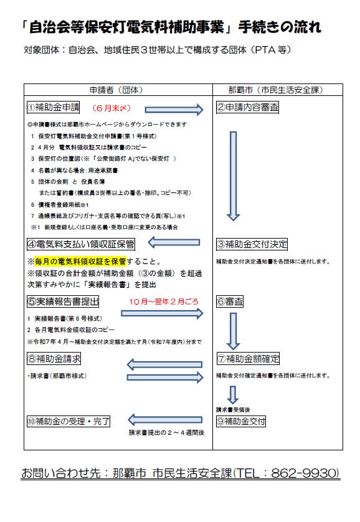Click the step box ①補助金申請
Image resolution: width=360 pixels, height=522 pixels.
click(x=54, y=107)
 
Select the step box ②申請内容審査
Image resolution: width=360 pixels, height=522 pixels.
click(x=247, y=108)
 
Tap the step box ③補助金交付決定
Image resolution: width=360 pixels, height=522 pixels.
click(x=252, y=244)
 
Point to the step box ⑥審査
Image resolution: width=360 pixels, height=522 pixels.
click(x=230, y=301)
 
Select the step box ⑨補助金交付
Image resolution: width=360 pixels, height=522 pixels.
click(x=242, y=420)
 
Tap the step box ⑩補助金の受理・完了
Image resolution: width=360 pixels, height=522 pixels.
click(x=69, y=420)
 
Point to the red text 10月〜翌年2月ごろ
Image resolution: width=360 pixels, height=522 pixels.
click(x=164, y=301)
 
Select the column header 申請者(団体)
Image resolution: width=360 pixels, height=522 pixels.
click(x=118, y=90)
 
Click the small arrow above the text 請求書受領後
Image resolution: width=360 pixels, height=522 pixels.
click(x=233, y=394)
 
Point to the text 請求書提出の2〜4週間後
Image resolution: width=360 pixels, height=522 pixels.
click(x=166, y=432)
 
